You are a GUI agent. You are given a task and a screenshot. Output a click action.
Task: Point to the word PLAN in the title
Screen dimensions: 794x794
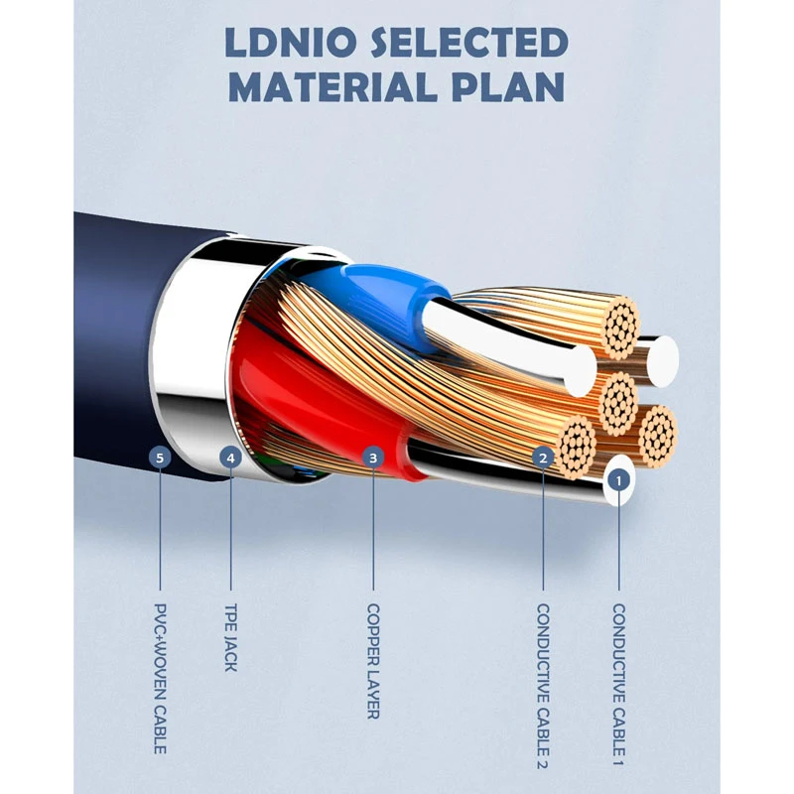point(508,87)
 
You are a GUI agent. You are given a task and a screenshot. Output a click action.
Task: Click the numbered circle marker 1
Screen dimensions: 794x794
point(618,480)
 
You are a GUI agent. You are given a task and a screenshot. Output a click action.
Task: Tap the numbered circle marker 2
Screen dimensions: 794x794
point(543,459)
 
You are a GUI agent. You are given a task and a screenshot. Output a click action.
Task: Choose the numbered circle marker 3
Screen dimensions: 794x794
point(374,459)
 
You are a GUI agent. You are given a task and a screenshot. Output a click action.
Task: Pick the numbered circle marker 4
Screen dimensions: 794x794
point(231,459)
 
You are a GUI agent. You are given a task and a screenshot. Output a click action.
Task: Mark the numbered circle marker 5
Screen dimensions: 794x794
point(160,459)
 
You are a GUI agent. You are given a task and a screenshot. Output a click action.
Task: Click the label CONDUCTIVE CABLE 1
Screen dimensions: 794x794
point(618,685)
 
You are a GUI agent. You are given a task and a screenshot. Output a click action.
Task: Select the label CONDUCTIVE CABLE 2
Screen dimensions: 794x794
point(543,686)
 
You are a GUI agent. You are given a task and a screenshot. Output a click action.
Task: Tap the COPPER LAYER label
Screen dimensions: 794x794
point(374,661)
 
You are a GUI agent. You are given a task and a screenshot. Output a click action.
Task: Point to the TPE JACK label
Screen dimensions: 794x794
point(231,637)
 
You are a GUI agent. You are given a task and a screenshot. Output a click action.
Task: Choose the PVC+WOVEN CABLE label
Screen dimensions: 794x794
point(160,678)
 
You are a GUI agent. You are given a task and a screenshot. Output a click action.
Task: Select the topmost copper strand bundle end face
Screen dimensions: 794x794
point(621,326)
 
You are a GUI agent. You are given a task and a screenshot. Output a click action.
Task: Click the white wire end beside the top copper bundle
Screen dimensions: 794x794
point(662,361)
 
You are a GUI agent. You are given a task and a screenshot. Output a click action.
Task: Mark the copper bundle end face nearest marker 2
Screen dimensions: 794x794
point(578,447)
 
